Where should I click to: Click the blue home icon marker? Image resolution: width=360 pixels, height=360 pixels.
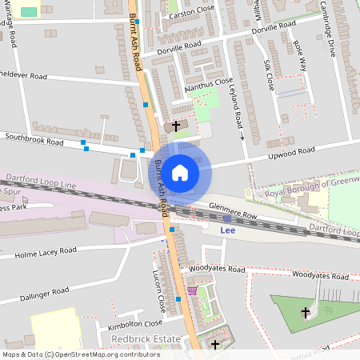click(x=180, y=172)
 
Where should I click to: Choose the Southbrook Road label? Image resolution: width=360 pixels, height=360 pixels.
click(x=34, y=141)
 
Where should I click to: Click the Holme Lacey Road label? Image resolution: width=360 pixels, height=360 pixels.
click(x=46, y=254)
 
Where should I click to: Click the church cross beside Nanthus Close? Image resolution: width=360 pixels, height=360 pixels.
click(x=176, y=126)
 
